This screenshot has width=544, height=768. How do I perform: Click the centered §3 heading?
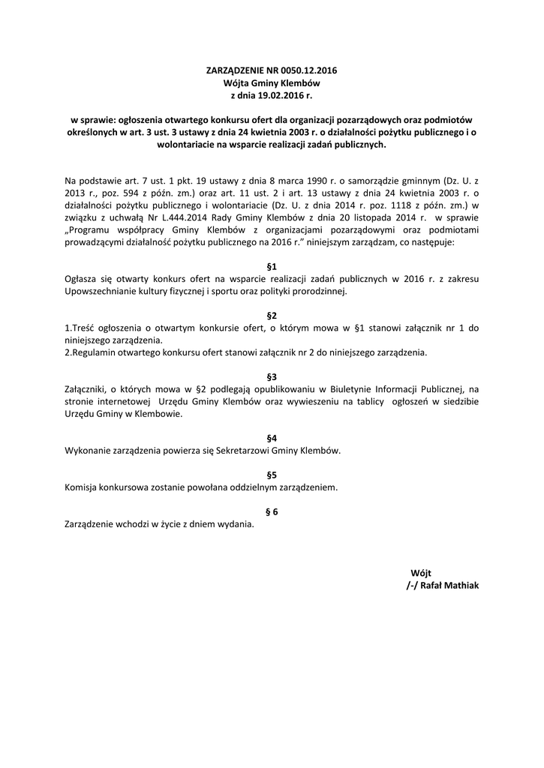[x=272, y=376]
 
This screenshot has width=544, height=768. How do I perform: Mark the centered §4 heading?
[x=272, y=437]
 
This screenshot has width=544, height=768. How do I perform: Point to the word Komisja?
[x=83, y=487]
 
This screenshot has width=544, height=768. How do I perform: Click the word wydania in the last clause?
[x=237, y=524]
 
